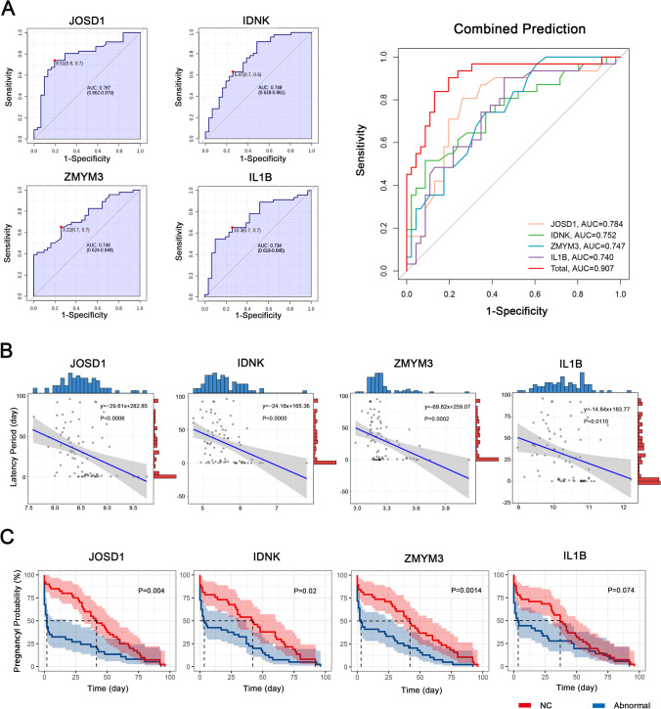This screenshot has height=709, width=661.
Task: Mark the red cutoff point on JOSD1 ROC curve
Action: coord(56,62)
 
